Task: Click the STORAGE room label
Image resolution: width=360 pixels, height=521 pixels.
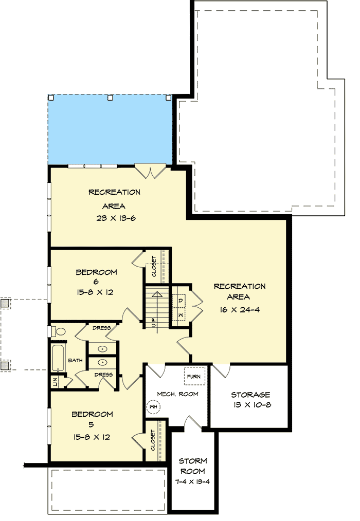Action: (x=250, y=395)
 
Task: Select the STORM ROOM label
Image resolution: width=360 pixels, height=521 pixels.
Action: (x=192, y=466)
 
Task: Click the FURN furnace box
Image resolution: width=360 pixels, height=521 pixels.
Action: (x=194, y=377)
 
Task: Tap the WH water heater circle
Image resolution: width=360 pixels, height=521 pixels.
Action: (x=153, y=407)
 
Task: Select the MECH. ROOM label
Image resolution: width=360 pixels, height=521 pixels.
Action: (x=177, y=394)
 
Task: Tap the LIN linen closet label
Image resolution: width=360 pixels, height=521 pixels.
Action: (x=54, y=382)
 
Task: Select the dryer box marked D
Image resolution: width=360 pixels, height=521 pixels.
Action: (x=181, y=300)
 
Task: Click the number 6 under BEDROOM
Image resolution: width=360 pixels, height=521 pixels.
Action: (x=96, y=282)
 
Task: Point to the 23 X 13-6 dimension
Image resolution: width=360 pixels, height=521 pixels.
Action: (x=114, y=217)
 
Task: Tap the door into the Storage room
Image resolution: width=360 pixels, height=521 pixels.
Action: (x=221, y=369)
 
